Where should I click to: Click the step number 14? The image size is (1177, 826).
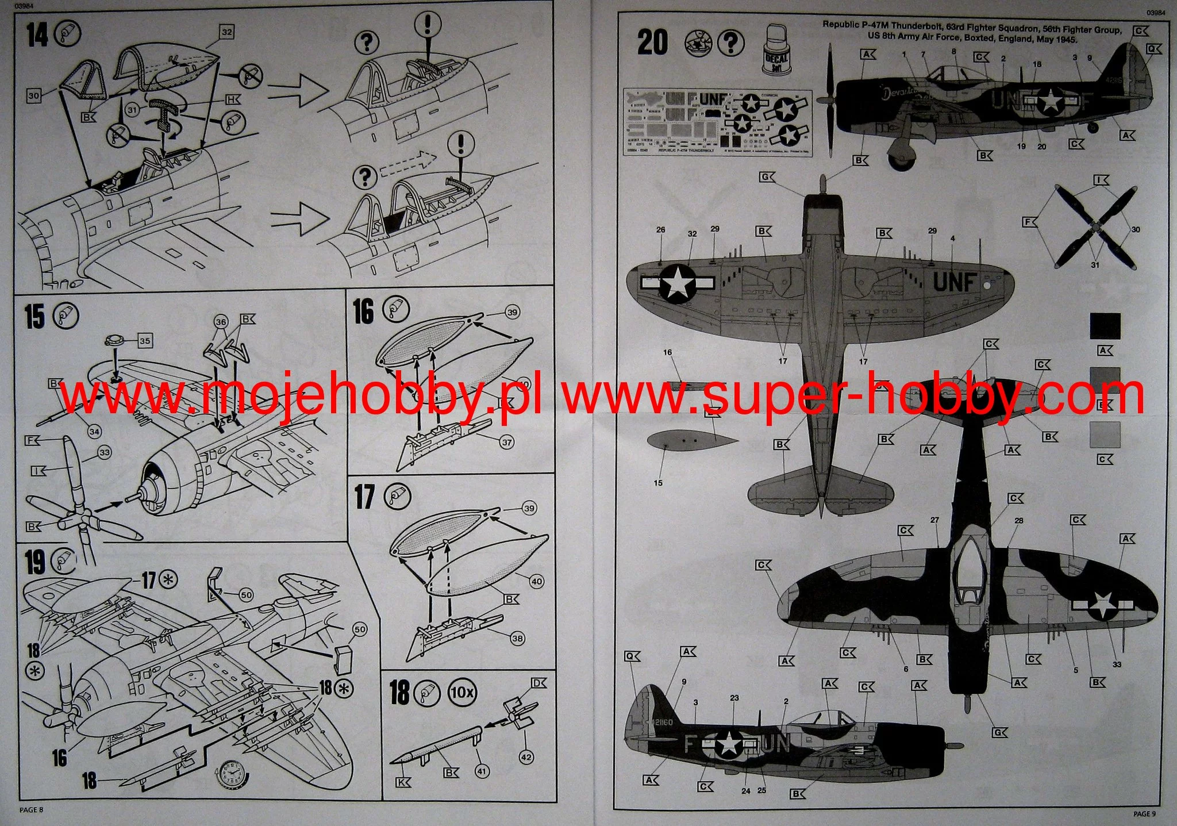[x=37, y=36]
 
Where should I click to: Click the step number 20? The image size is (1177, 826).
[x=652, y=43]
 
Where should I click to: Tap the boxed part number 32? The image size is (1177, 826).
[x=227, y=32]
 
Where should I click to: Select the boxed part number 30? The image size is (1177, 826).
[x=34, y=95]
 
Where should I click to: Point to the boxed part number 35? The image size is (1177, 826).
[x=145, y=341]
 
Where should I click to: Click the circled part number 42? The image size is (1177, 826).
[x=526, y=758]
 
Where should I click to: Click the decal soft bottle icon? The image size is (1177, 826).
[x=776, y=51]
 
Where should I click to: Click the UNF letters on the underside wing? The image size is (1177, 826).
[x=955, y=282]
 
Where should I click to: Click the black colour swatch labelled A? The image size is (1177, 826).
[x=1105, y=326]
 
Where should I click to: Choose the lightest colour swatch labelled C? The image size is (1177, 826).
[x=1105, y=435]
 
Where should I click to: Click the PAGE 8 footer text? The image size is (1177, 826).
[x=32, y=810]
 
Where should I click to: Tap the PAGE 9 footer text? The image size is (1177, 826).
[x=1144, y=813]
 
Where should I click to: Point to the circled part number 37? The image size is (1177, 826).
[x=506, y=443]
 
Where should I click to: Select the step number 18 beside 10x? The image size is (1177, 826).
[x=399, y=693]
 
